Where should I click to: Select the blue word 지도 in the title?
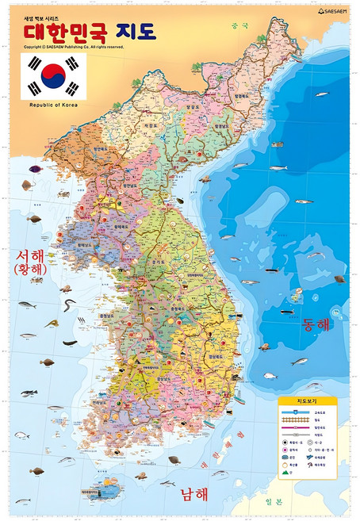tap(136, 33)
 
